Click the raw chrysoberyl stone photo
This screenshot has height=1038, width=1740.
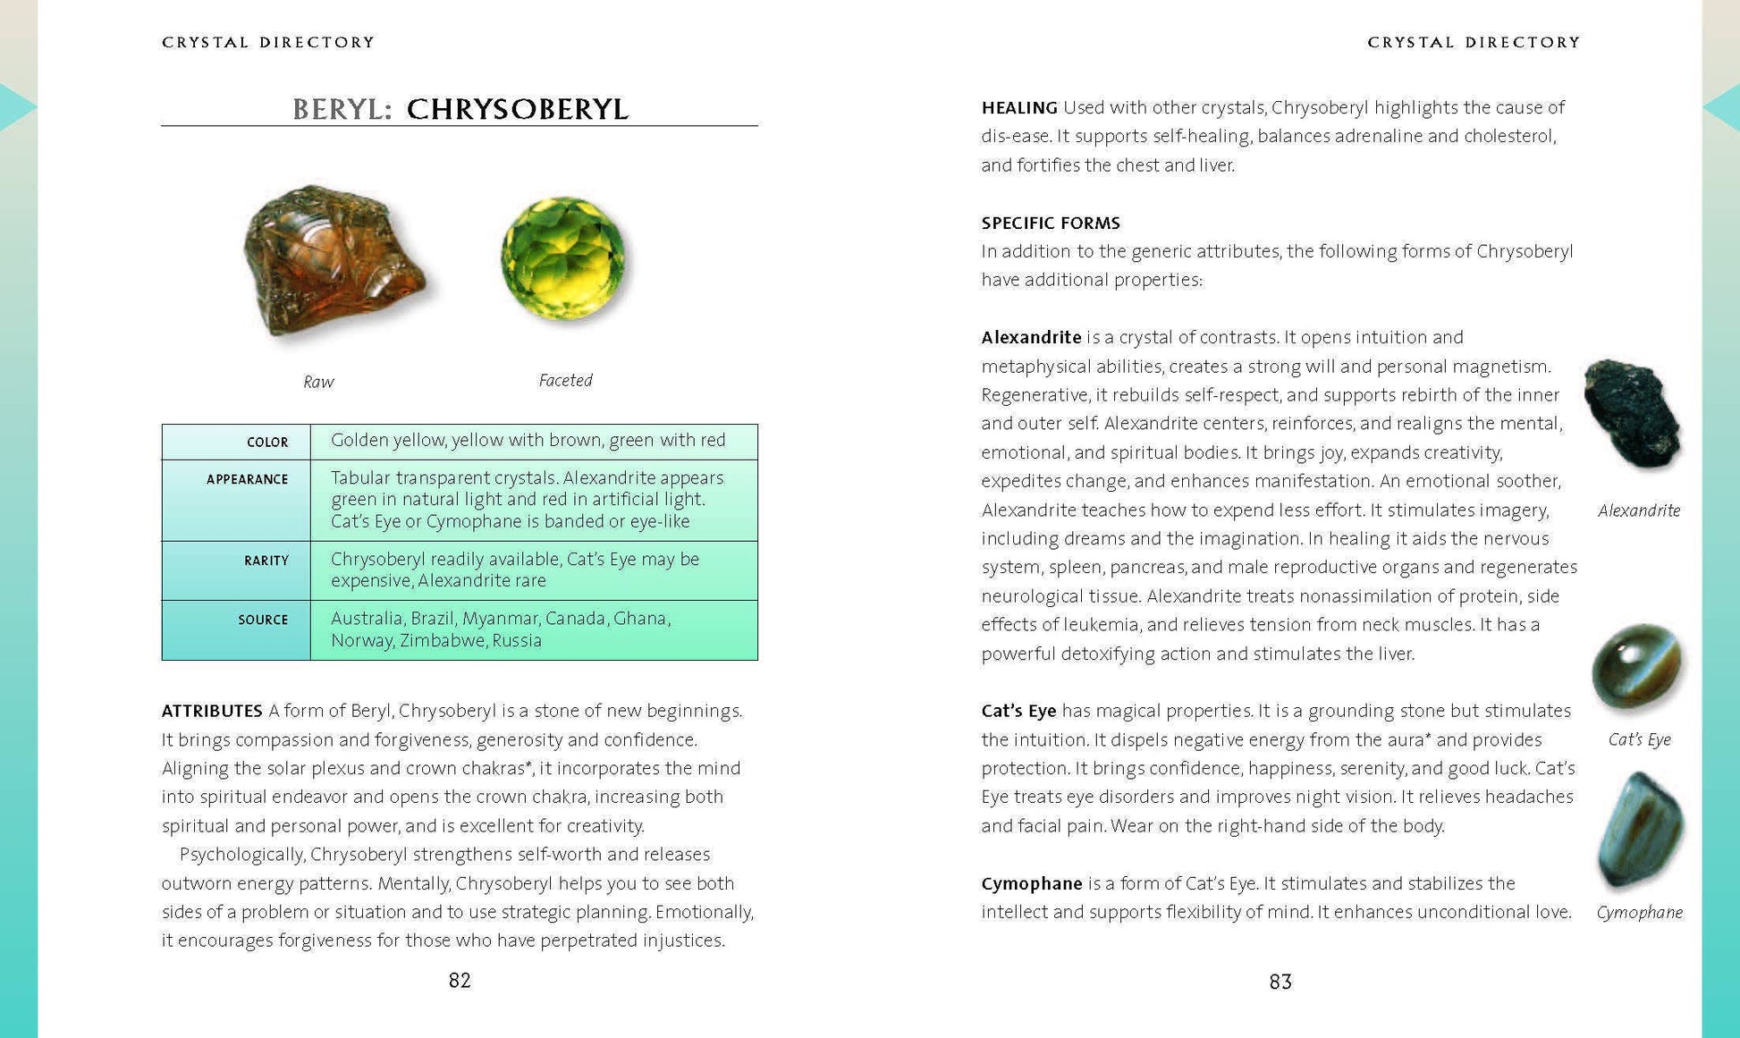[334, 261]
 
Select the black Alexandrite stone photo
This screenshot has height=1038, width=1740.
[1633, 414]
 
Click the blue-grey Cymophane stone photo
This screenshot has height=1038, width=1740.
[1639, 831]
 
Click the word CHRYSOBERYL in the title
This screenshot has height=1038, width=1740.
[518, 109]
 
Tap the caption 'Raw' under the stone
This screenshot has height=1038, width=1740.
[318, 382]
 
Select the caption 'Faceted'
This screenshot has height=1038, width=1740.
[565, 380]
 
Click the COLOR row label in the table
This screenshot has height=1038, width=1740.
[267, 443]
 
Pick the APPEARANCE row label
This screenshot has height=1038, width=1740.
[247, 479]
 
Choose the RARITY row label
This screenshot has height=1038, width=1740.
[266, 561]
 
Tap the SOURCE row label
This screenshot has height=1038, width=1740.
[263, 620]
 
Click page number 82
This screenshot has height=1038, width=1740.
[460, 981]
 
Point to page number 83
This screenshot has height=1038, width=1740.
[1280, 982]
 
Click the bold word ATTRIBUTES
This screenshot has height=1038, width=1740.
[212, 711]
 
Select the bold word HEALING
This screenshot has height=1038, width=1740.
[1019, 107]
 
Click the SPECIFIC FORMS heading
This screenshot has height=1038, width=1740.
[1051, 223]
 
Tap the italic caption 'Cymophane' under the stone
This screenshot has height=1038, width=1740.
[1639, 912]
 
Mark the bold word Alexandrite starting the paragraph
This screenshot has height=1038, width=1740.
[1031, 337]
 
